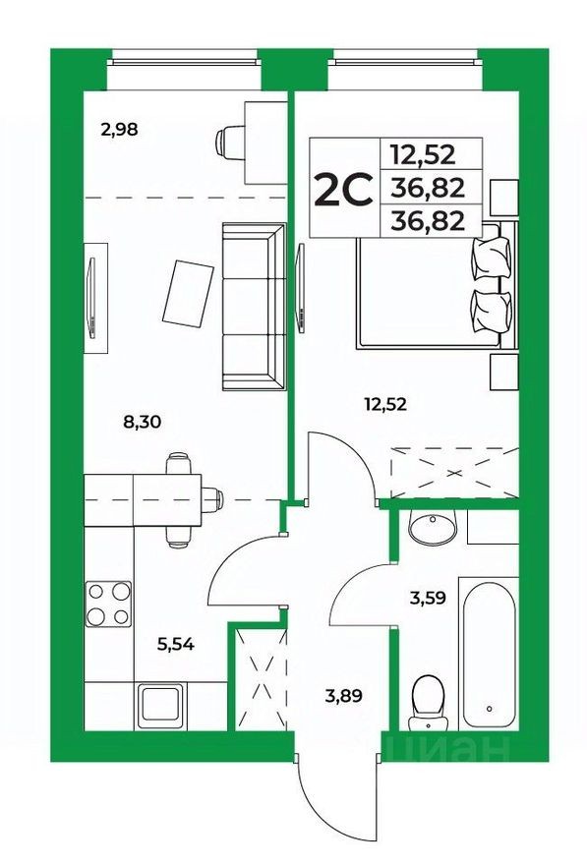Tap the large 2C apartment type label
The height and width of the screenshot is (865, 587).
342,189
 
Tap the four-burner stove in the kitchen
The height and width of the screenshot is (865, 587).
108,604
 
